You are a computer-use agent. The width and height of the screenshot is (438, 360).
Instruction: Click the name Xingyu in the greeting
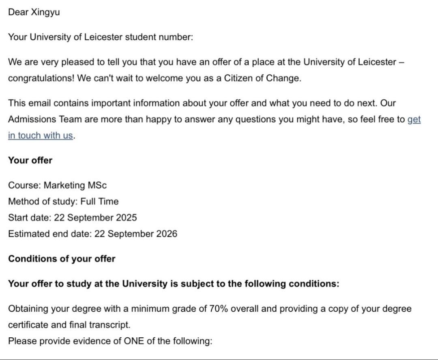45,12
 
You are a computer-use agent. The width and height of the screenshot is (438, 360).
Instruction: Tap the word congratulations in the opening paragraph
40,78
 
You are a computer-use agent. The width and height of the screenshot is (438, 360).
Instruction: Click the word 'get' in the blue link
414,119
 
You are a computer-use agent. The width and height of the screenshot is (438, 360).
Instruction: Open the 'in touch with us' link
41,135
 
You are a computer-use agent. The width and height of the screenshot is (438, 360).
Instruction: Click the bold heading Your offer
30,160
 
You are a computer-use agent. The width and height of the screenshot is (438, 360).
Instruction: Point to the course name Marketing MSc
75,185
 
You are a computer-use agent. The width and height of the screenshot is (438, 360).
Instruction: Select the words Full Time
99,201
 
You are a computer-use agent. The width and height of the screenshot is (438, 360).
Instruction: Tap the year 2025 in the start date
126,218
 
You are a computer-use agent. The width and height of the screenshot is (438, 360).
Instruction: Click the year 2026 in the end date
167,234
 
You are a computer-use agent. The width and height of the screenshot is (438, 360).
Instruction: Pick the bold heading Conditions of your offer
62,259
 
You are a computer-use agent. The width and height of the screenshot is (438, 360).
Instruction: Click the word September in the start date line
90,218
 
